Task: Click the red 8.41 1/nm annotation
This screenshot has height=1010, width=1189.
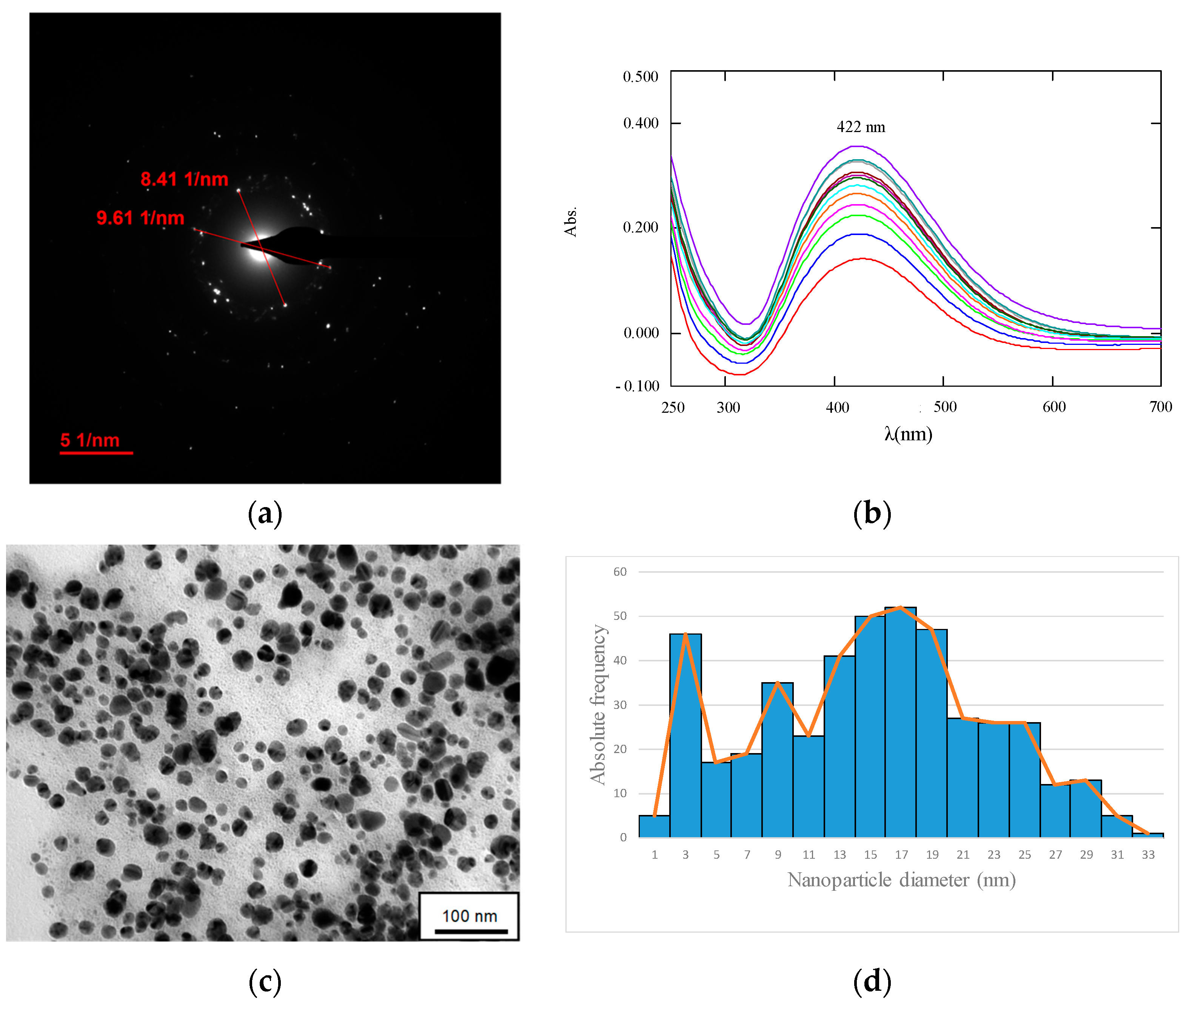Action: [185, 179]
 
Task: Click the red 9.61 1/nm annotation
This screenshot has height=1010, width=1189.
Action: [140, 218]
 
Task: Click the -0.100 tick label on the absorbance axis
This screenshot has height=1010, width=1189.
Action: [638, 386]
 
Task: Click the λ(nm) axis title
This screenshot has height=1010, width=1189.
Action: [908, 434]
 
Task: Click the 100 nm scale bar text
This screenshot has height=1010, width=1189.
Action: [469, 916]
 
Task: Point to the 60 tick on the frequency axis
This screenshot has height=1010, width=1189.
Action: [620, 572]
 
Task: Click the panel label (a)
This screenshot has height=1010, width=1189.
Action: [265, 513]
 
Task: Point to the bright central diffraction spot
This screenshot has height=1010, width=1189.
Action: [260, 246]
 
